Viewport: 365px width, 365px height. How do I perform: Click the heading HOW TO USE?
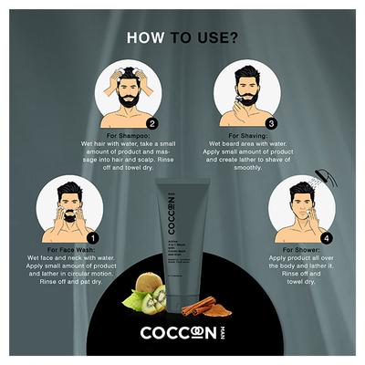coord(182,39)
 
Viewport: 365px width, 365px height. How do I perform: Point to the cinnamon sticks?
coord(202,306)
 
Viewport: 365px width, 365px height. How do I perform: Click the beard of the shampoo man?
coord(129,99)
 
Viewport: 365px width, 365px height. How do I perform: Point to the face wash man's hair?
coord(64,193)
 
